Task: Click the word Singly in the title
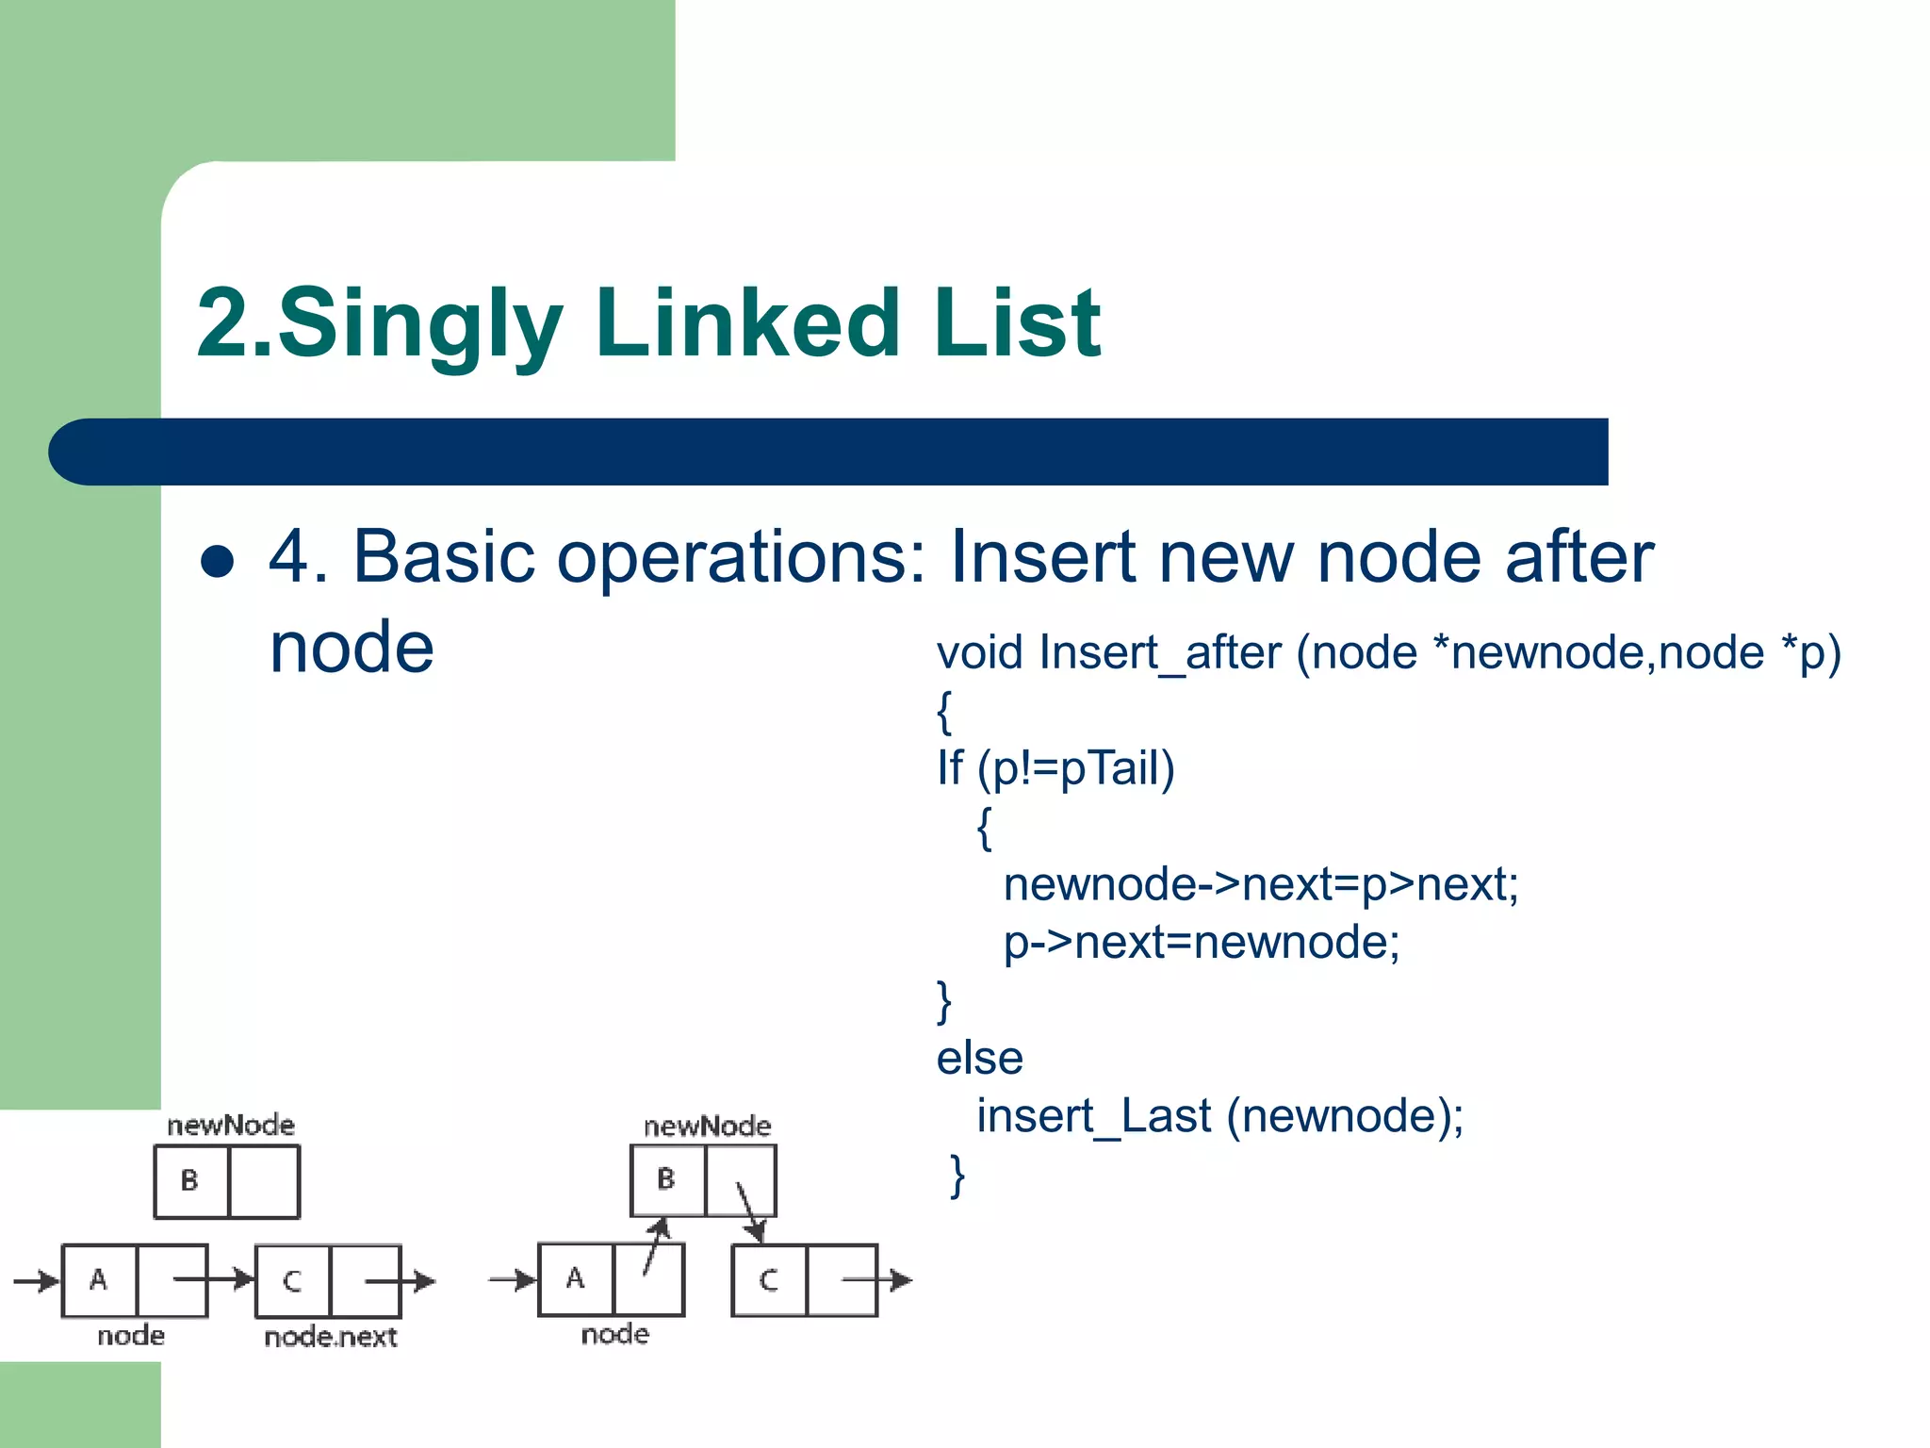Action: click(419, 325)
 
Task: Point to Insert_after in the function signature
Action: click(1160, 652)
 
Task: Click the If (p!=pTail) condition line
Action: click(1055, 768)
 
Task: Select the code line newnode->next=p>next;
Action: click(1260, 884)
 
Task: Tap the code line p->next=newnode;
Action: click(1201, 942)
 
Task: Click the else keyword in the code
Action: click(979, 1058)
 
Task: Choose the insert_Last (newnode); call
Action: click(1219, 1116)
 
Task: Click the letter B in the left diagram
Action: click(189, 1180)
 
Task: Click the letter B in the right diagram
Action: click(666, 1178)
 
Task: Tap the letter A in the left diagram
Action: click(98, 1279)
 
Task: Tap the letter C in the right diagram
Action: click(769, 1279)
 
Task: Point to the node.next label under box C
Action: click(330, 1337)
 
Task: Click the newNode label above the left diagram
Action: click(230, 1125)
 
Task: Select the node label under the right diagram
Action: click(614, 1334)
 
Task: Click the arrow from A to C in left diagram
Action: click(213, 1279)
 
